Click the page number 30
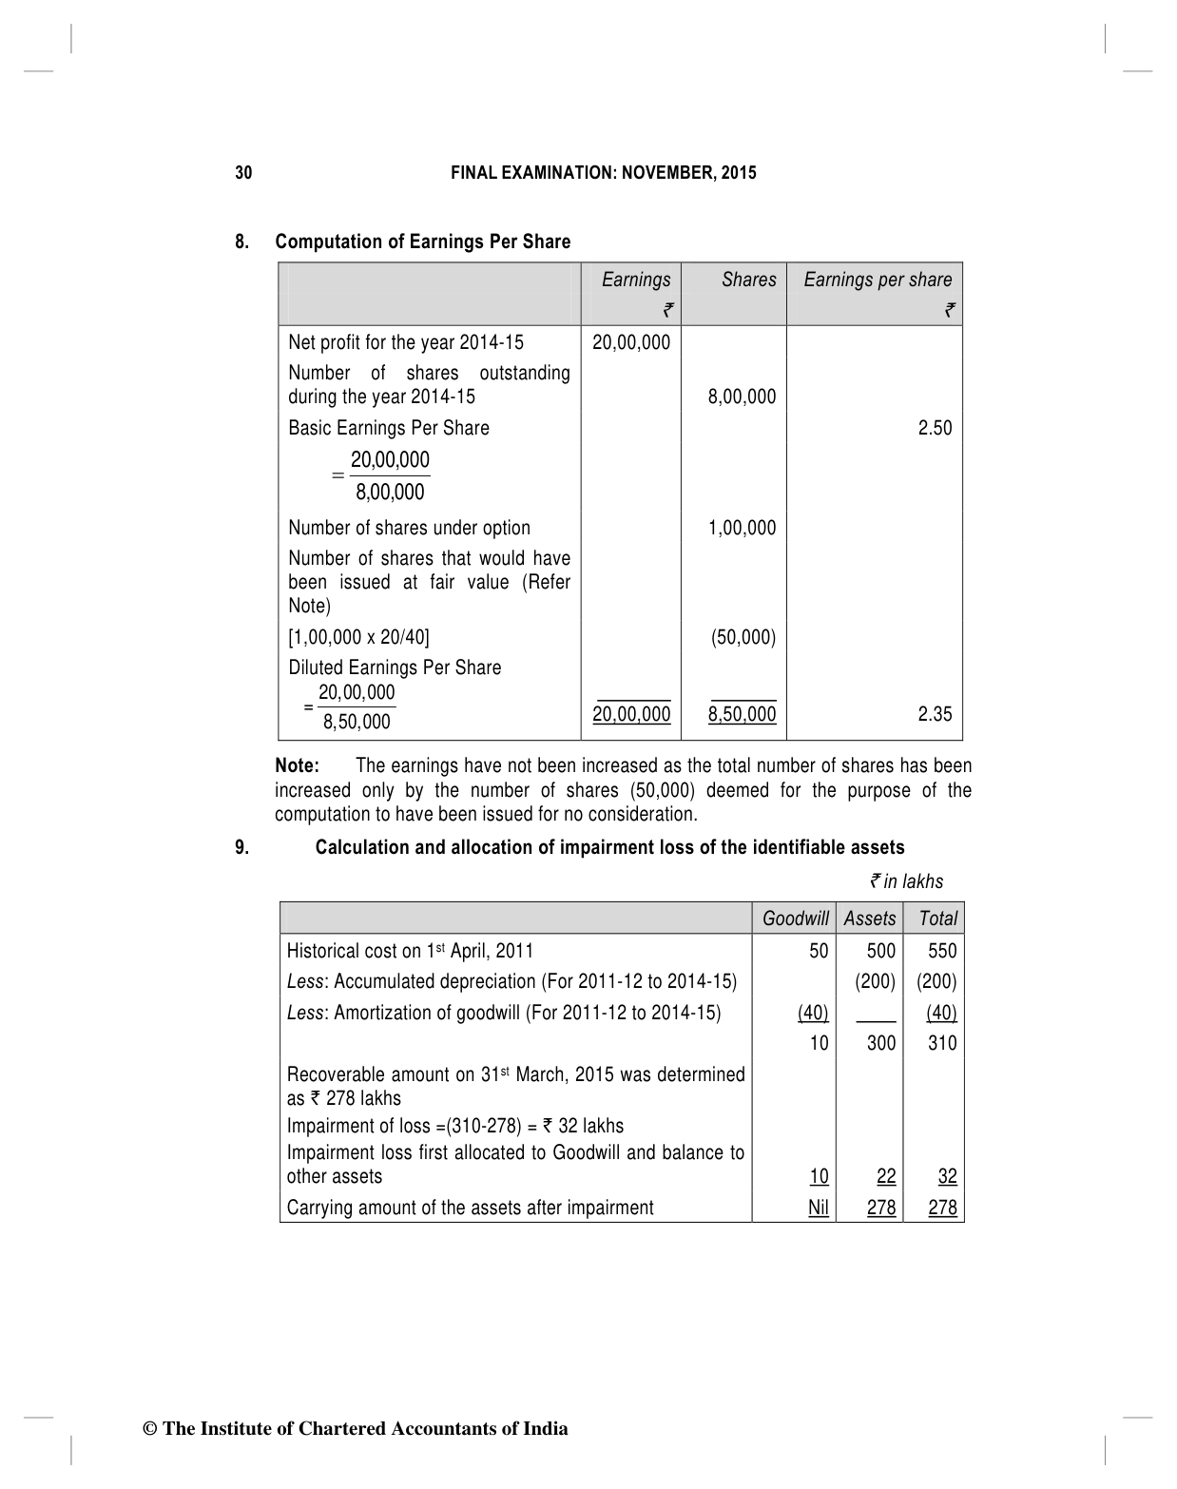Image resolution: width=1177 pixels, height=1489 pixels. click(244, 173)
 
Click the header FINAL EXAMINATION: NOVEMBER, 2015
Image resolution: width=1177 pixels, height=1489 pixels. click(603, 173)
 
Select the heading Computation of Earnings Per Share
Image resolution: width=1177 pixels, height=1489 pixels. click(422, 242)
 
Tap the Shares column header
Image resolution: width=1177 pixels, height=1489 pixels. click(748, 280)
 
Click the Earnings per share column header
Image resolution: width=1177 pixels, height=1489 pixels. click(878, 280)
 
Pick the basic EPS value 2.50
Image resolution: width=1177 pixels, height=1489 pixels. click(935, 428)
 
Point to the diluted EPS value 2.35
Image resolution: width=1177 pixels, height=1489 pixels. click(935, 714)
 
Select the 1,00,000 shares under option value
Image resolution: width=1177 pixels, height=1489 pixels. click(742, 528)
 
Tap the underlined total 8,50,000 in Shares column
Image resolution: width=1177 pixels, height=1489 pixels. click(742, 714)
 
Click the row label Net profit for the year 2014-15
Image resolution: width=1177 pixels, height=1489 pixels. click(406, 342)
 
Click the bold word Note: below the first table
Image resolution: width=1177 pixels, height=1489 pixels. click(297, 765)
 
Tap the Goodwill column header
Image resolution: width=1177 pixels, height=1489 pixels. click(796, 919)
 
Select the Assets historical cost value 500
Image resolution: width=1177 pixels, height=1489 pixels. click(881, 951)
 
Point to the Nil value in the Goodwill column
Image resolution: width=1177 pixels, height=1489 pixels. click(818, 1208)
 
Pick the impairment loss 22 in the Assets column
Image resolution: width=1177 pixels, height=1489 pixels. click(886, 1176)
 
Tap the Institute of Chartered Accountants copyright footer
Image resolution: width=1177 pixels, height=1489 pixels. click(355, 1428)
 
